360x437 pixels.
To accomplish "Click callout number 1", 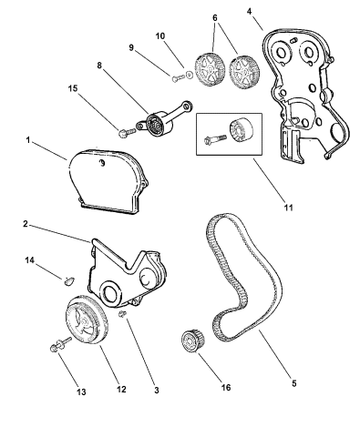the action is [x=28, y=140].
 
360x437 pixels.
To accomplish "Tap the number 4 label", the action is [x=249, y=11].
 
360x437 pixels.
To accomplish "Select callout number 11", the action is [x=288, y=208].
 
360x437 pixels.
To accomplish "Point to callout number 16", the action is [x=226, y=387].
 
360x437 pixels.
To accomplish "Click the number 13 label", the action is [x=81, y=391].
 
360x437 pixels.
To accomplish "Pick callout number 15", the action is [x=73, y=88].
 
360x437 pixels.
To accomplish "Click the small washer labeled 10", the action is [x=189, y=75].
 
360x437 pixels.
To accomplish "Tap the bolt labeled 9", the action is [x=178, y=78].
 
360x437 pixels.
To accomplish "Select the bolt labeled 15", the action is [x=127, y=133].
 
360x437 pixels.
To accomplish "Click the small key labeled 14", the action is [x=69, y=281].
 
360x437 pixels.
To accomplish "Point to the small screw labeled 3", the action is [x=123, y=314].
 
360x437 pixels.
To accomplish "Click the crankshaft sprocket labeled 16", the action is [x=192, y=340].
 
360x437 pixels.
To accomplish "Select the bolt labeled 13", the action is [x=60, y=345].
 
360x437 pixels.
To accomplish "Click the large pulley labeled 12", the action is [x=87, y=320].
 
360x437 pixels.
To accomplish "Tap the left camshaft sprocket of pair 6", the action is [x=210, y=68].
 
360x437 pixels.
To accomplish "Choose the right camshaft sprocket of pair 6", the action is [x=243, y=72].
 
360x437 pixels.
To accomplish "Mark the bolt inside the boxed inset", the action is [x=215, y=140].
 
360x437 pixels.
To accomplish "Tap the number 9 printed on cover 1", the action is [x=103, y=163].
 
